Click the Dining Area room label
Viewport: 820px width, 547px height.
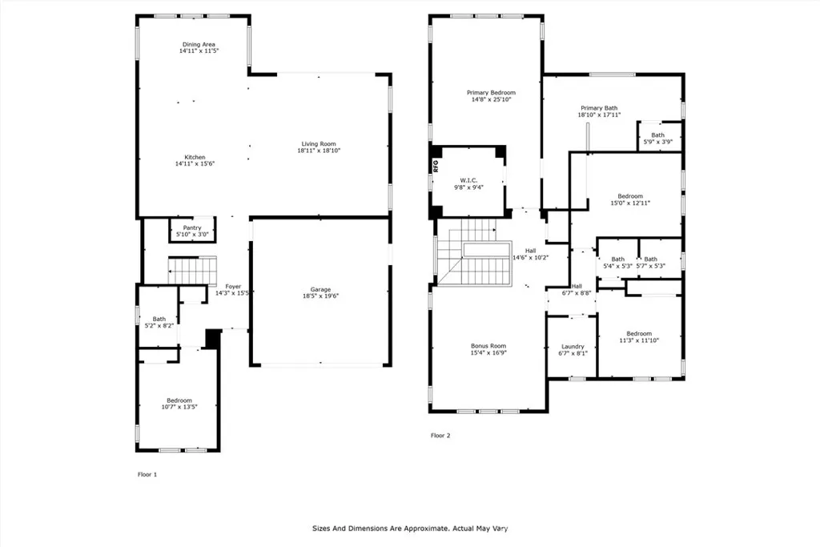point(199,45)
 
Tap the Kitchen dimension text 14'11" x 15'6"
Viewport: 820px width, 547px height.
point(195,163)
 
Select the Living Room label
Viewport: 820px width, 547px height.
point(319,144)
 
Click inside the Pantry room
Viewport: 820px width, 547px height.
point(192,231)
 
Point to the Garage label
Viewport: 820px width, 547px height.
point(320,289)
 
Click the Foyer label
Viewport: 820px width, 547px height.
point(233,287)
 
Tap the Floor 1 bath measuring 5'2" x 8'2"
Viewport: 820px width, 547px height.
point(159,322)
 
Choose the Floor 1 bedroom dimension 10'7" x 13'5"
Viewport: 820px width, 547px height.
point(179,407)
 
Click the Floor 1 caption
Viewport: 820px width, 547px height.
point(147,474)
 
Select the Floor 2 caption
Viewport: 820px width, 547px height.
point(440,435)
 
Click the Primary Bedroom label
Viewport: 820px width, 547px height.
point(491,93)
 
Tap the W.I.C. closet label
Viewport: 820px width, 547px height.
point(468,180)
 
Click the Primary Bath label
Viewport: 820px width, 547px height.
point(599,108)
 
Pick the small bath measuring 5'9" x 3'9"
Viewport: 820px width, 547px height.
point(658,138)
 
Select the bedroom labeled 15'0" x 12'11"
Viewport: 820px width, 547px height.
point(630,199)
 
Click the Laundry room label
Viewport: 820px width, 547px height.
point(573,347)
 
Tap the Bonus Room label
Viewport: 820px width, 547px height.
point(488,346)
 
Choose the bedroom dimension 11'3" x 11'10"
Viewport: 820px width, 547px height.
point(639,340)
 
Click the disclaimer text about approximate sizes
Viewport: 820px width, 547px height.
point(410,529)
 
